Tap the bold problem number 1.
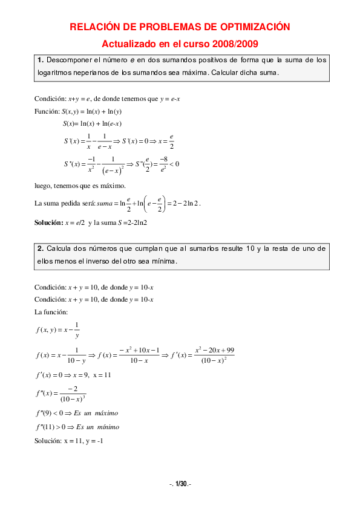(x=40, y=60)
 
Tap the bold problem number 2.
(x=40, y=248)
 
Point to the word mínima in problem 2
(x=163, y=261)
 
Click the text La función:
(x=51, y=312)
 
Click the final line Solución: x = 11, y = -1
(x=69, y=441)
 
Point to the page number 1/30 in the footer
(x=180, y=484)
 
